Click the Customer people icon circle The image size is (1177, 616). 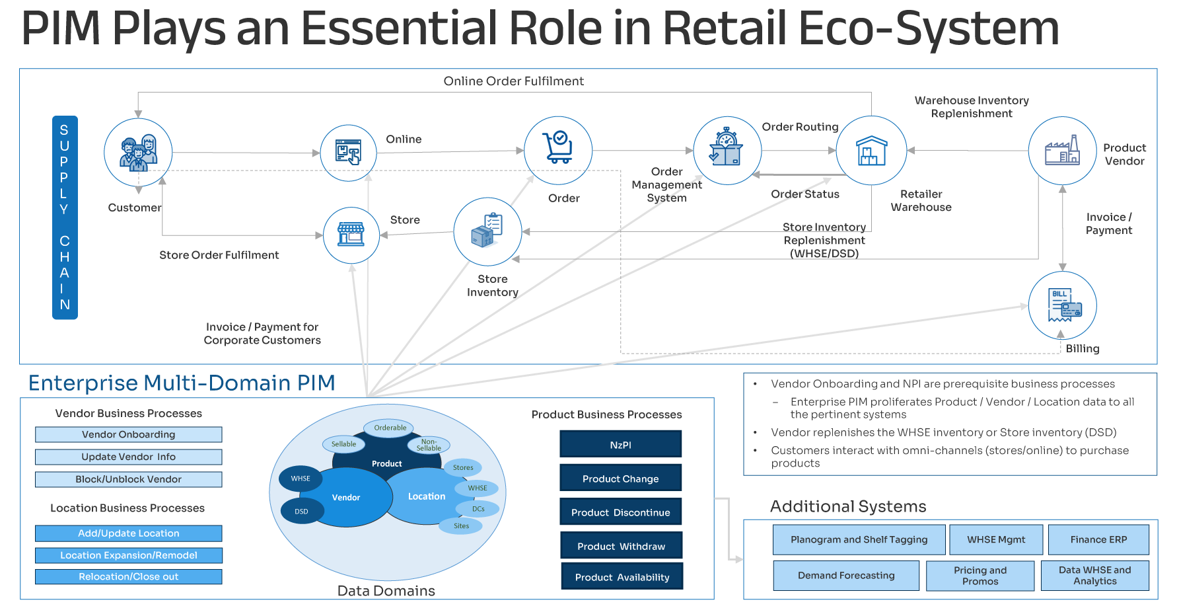(138, 153)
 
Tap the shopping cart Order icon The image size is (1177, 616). (558, 150)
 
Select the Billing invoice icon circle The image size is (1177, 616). (1062, 305)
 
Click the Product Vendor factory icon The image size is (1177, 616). (1062, 151)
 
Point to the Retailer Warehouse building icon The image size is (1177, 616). (871, 151)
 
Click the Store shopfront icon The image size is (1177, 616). (351, 235)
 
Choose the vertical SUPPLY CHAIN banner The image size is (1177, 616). (65, 217)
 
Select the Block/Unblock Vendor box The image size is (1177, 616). (129, 479)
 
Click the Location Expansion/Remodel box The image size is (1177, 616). (129, 555)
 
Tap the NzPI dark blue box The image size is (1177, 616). (620, 444)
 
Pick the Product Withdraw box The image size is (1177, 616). (621, 546)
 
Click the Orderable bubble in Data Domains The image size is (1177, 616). (390, 428)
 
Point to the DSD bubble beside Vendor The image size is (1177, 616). (302, 511)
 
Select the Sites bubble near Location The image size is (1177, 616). (461, 526)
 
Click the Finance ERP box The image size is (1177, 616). (1098, 539)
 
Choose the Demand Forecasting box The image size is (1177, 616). (845, 575)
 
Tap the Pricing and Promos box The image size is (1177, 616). (980, 575)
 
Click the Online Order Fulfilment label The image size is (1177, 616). (513, 81)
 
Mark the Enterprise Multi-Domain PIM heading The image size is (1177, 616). (182, 383)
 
